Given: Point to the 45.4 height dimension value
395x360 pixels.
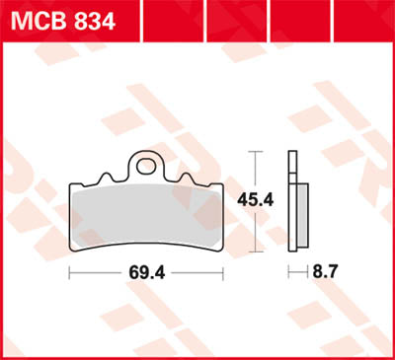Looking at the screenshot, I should (256, 200).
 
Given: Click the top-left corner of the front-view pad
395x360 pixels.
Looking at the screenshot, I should (71, 184).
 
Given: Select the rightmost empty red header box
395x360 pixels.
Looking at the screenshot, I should (364, 16).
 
